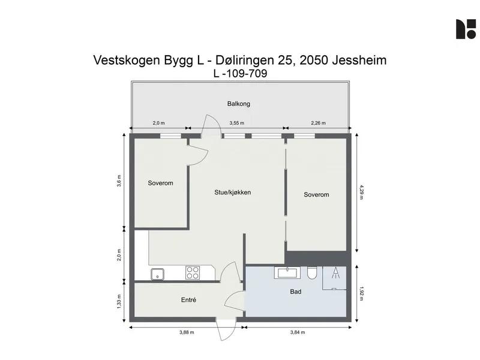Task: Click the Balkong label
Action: coord(238,104)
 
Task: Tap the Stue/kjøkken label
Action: coord(233,193)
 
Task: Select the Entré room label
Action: coord(188,300)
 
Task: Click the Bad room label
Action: coord(296,292)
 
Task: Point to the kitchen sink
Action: coord(157,274)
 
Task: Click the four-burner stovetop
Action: coord(193,272)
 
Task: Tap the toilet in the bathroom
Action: coord(312,273)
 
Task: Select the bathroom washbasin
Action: coord(287,272)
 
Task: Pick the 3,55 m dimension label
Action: coord(237,123)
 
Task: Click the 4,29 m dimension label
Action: coord(361,192)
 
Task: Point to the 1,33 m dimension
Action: coord(119,302)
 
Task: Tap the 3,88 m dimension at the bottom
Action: coord(187,332)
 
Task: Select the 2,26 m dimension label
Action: coord(319,123)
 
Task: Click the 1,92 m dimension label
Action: coord(361,294)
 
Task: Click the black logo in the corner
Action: coord(466,29)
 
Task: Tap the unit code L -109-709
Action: coord(241,73)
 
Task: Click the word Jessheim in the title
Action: coord(359,60)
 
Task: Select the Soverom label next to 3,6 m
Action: coord(160,183)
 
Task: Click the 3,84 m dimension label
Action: coord(298,332)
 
